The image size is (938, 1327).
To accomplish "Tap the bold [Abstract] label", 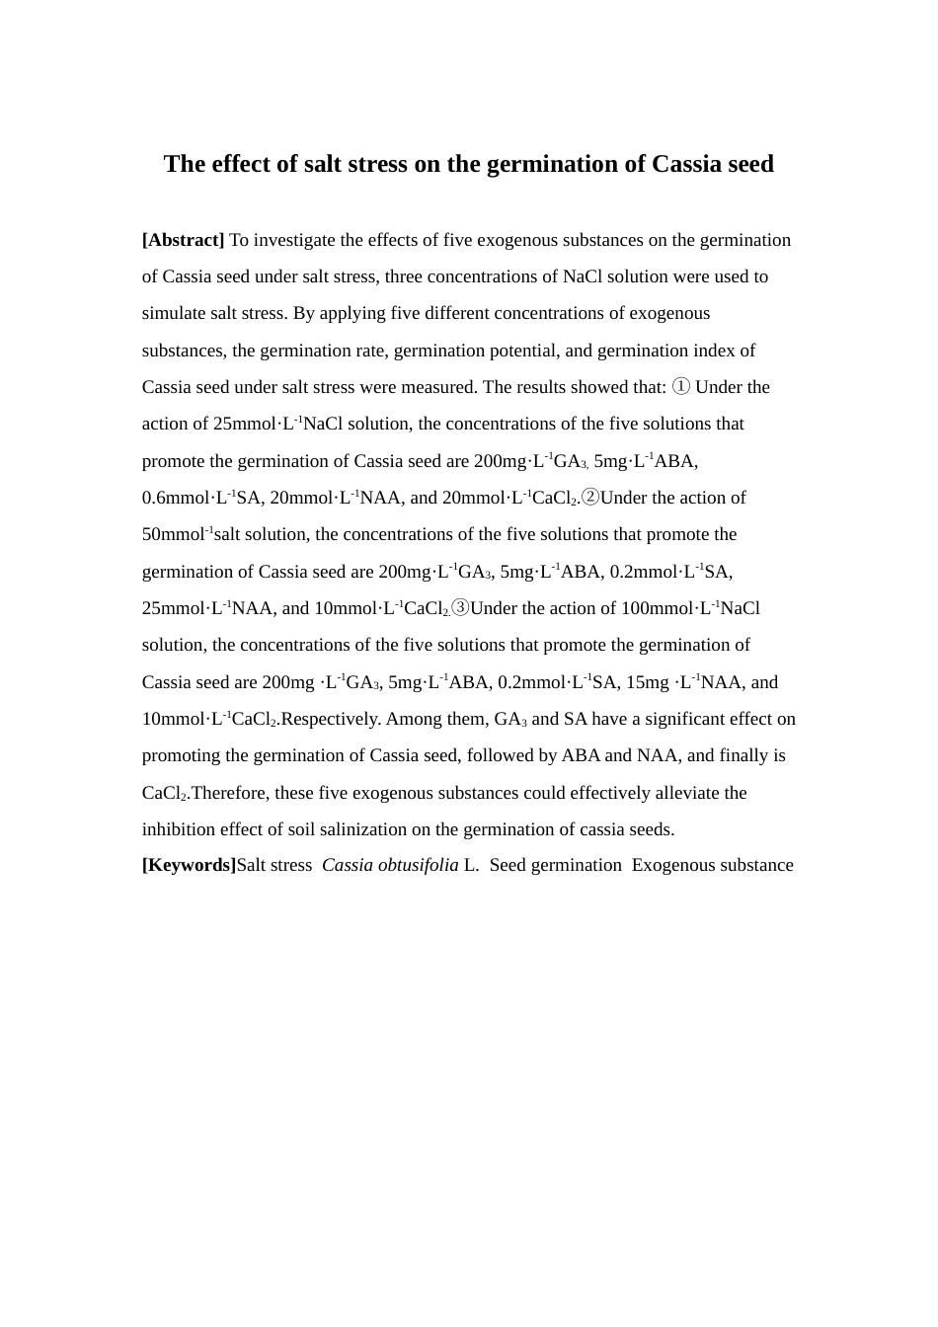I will (184, 240).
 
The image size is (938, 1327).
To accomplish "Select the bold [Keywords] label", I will (189, 865).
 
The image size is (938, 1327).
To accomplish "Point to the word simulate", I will (174, 313).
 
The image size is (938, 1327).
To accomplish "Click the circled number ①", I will (681, 387).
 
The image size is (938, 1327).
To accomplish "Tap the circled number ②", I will (589, 498).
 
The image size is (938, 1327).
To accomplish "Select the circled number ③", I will (459, 608).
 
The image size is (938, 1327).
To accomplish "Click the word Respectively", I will (330, 719).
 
